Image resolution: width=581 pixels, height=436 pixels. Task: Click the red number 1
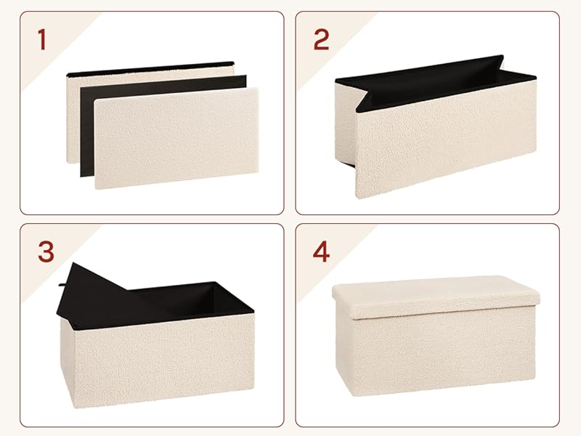pyautogui.click(x=42, y=40)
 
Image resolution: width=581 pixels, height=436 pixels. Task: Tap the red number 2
pyautogui.click(x=321, y=40)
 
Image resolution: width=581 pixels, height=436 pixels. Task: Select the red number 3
pyautogui.click(x=46, y=251)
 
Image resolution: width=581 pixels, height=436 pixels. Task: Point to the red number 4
pyautogui.click(x=321, y=251)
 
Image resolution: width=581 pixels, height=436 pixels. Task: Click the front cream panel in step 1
pyautogui.click(x=176, y=138)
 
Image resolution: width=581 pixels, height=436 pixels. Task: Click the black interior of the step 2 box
pyautogui.click(x=434, y=84)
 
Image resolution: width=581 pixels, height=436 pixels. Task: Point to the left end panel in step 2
pyautogui.click(x=345, y=122)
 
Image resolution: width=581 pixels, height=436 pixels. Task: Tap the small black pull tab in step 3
pyautogui.click(x=62, y=285)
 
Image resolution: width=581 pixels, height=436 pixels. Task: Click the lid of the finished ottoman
pyautogui.click(x=436, y=296)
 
